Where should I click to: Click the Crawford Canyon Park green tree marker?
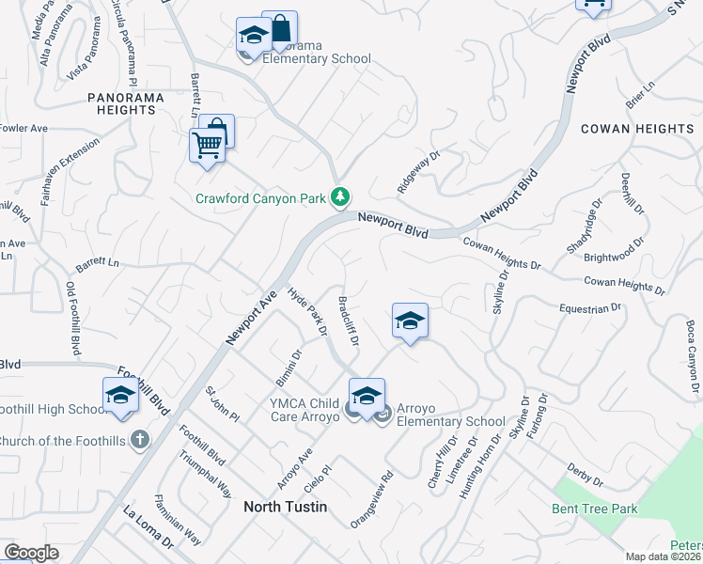pos(340,197)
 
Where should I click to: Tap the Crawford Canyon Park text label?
pos(259,198)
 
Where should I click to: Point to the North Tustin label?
pos(286,507)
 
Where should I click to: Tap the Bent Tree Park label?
pos(595,509)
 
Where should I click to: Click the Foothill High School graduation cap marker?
pos(120,396)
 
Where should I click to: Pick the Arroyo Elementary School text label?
pos(450,415)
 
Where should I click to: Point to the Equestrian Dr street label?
pos(590,307)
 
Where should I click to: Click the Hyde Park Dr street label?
pos(307,312)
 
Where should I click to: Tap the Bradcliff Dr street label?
pos(348,321)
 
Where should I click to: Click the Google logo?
pos(31,553)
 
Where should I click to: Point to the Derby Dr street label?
pos(585,475)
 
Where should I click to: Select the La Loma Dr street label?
pos(148,527)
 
